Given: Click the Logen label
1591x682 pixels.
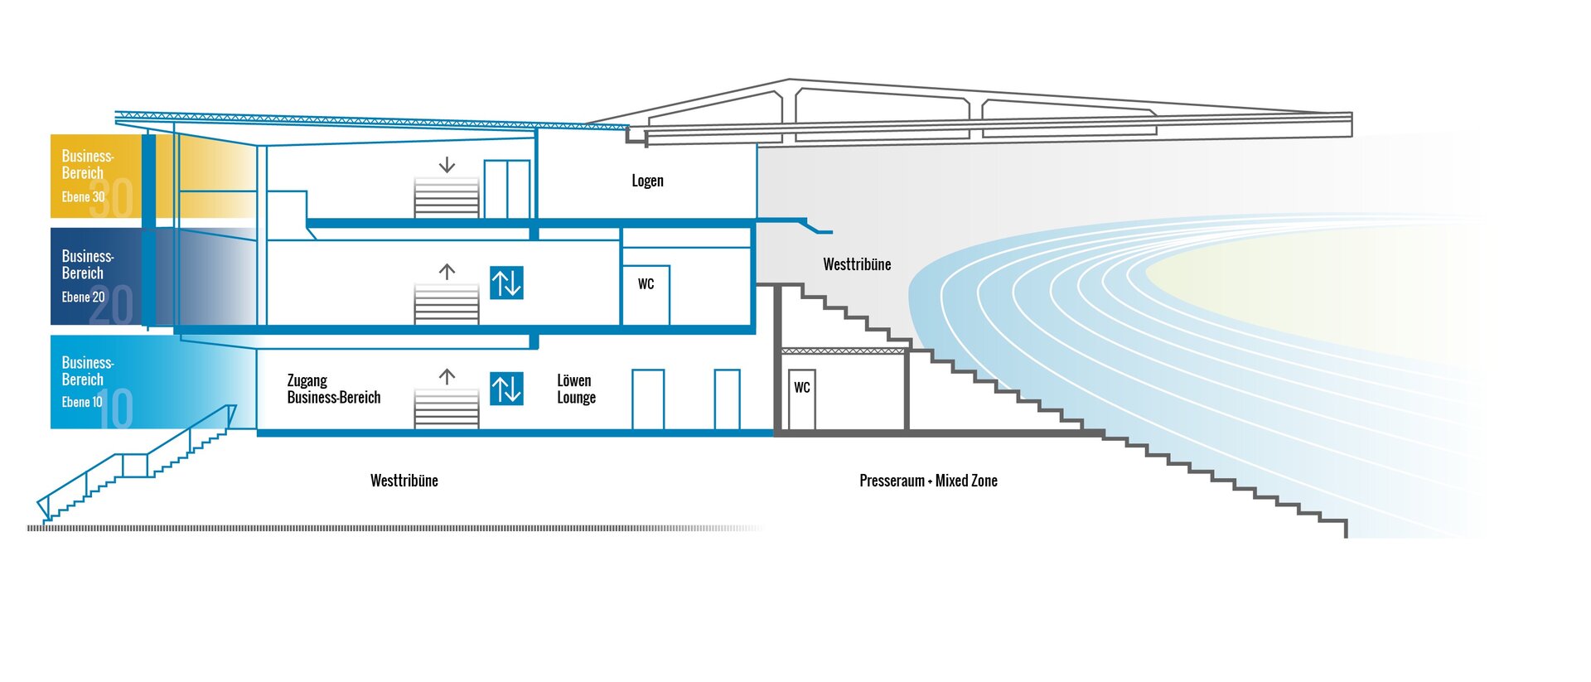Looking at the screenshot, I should coord(647,181).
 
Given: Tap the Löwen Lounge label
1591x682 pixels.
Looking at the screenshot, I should coord(576,389).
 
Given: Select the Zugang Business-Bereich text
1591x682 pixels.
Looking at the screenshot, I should coord(333,389).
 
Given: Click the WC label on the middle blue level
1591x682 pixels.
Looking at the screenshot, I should coord(646,284).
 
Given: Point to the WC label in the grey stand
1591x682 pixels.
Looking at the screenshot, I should coord(801,388).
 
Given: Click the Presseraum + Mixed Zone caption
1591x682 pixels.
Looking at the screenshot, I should coord(928,481).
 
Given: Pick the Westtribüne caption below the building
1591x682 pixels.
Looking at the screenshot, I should coord(404,481).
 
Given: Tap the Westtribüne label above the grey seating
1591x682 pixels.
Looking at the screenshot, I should coord(857,264).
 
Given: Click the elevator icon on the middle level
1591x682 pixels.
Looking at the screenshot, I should coord(506,283).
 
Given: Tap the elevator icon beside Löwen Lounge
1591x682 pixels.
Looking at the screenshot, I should coord(506,389).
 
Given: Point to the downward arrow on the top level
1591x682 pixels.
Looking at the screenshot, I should coord(447,165).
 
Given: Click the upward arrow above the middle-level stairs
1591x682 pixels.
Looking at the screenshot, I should coord(447,271).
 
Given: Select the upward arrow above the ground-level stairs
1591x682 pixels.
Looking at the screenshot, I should coord(447,377).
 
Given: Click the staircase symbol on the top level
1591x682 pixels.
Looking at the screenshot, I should coord(447,198).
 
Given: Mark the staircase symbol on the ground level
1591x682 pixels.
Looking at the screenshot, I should coord(447,409).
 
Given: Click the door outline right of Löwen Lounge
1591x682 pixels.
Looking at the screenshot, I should coord(648,399).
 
